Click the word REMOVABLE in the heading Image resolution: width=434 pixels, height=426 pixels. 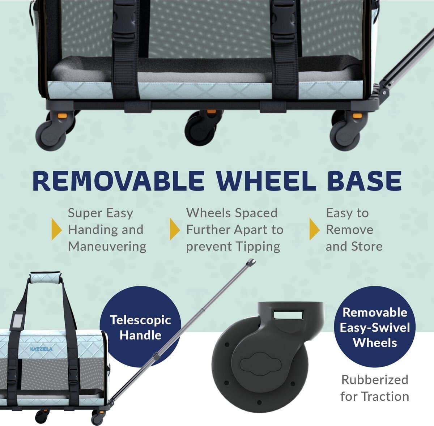(119, 181)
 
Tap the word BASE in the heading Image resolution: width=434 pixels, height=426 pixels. (365, 181)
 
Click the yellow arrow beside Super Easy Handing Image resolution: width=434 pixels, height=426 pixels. (56, 229)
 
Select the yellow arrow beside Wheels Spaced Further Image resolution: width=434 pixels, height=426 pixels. (175, 229)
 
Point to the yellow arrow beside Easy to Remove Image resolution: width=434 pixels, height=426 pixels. (315, 229)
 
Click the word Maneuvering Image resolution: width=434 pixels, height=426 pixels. (107, 247)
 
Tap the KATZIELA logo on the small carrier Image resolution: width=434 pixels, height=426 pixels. (41, 349)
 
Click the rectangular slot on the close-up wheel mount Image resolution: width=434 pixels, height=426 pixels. (289, 315)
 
